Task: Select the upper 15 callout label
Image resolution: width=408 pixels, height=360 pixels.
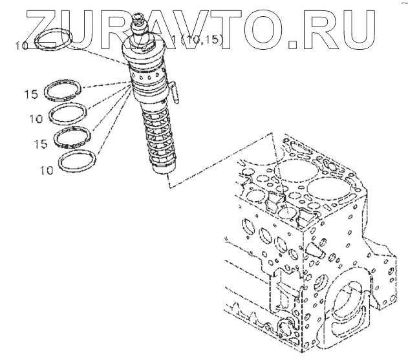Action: [32, 94]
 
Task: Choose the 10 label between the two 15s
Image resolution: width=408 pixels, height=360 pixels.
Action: [36, 120]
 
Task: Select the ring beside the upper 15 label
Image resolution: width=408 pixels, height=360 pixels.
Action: [65, 90]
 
